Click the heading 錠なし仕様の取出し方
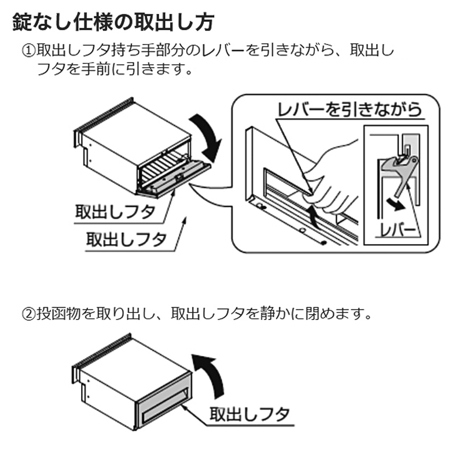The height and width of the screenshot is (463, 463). pos(113,23)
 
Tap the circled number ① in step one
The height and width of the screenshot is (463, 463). pos(29,52)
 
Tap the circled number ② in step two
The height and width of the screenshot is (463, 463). pos(29,314)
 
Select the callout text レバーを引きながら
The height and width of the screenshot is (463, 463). pos(350,110)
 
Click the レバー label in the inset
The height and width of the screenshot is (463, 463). pos(398,230)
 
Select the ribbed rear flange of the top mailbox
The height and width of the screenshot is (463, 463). pos(104,119)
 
